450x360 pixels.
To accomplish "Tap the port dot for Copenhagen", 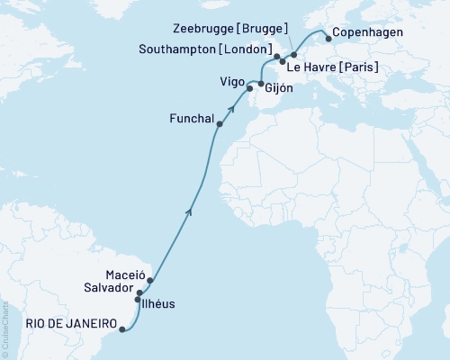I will [328, 39].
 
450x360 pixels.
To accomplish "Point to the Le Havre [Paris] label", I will [332, 68].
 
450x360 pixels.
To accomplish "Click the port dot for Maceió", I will [150, 280].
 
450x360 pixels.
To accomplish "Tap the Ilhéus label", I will [159, 305].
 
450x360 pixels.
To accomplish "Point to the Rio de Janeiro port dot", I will [121, 329].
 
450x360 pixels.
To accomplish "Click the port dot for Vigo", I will [249, 87].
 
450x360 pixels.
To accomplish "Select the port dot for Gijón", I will [261, 84].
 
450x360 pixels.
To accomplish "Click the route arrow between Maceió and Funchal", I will [189, 211].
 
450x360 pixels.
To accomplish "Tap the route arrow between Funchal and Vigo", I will [231, 108].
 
